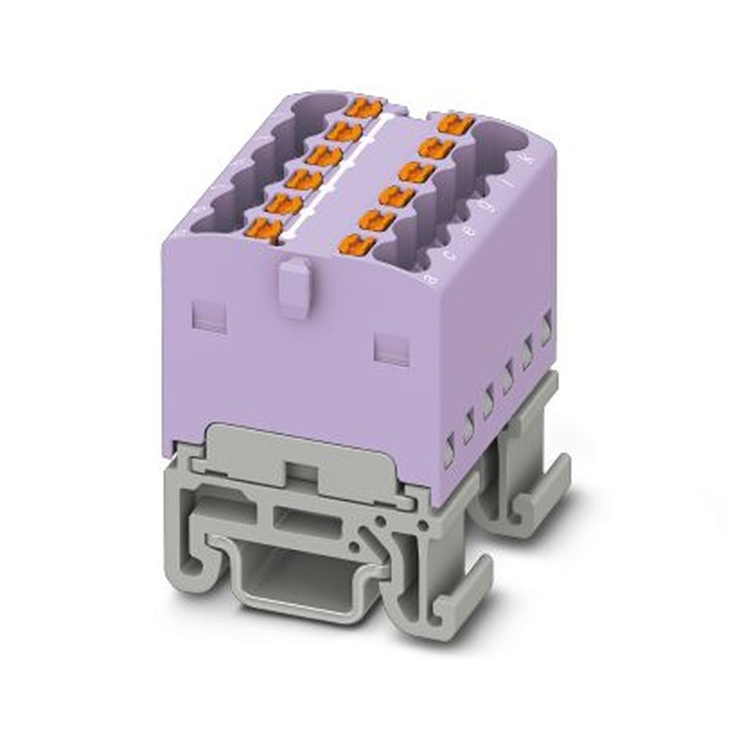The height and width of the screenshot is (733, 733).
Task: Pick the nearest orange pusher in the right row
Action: [x=358, y=244]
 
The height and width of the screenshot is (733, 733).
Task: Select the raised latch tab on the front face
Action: [x=294, y=287]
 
